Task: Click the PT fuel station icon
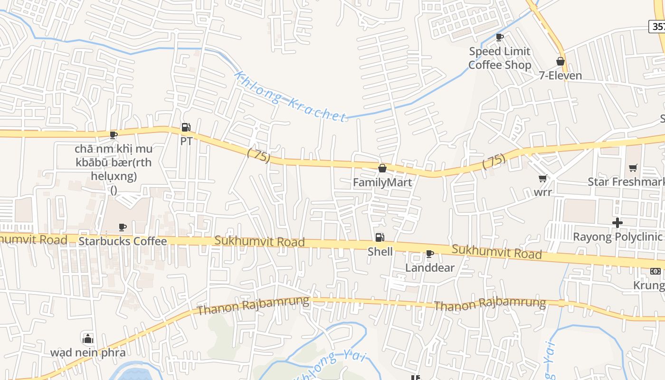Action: click(186, 127)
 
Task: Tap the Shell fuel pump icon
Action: click(380, 237)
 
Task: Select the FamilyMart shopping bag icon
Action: click(382, 168)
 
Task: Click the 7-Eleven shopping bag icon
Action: click(560, 61)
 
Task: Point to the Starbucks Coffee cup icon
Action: click(123, 227)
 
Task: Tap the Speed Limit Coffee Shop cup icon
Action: click(499, 37)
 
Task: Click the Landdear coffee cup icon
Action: click(430, 254)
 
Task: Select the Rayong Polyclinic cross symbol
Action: click(617, 222)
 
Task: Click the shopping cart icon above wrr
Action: click(542, 179)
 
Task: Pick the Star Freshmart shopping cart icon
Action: click(633, 168)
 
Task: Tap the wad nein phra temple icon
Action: click(88, 338)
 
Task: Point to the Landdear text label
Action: click(430, 268)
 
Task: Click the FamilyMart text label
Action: click(382, 182)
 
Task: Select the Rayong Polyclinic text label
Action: click(617, 237)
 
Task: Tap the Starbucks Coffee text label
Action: click(123, 241)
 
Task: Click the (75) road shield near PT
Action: click(259, 155)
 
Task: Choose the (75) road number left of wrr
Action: click(494, 161)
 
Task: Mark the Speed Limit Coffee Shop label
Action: click(500, 58)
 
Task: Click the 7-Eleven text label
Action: click(560, 76)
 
